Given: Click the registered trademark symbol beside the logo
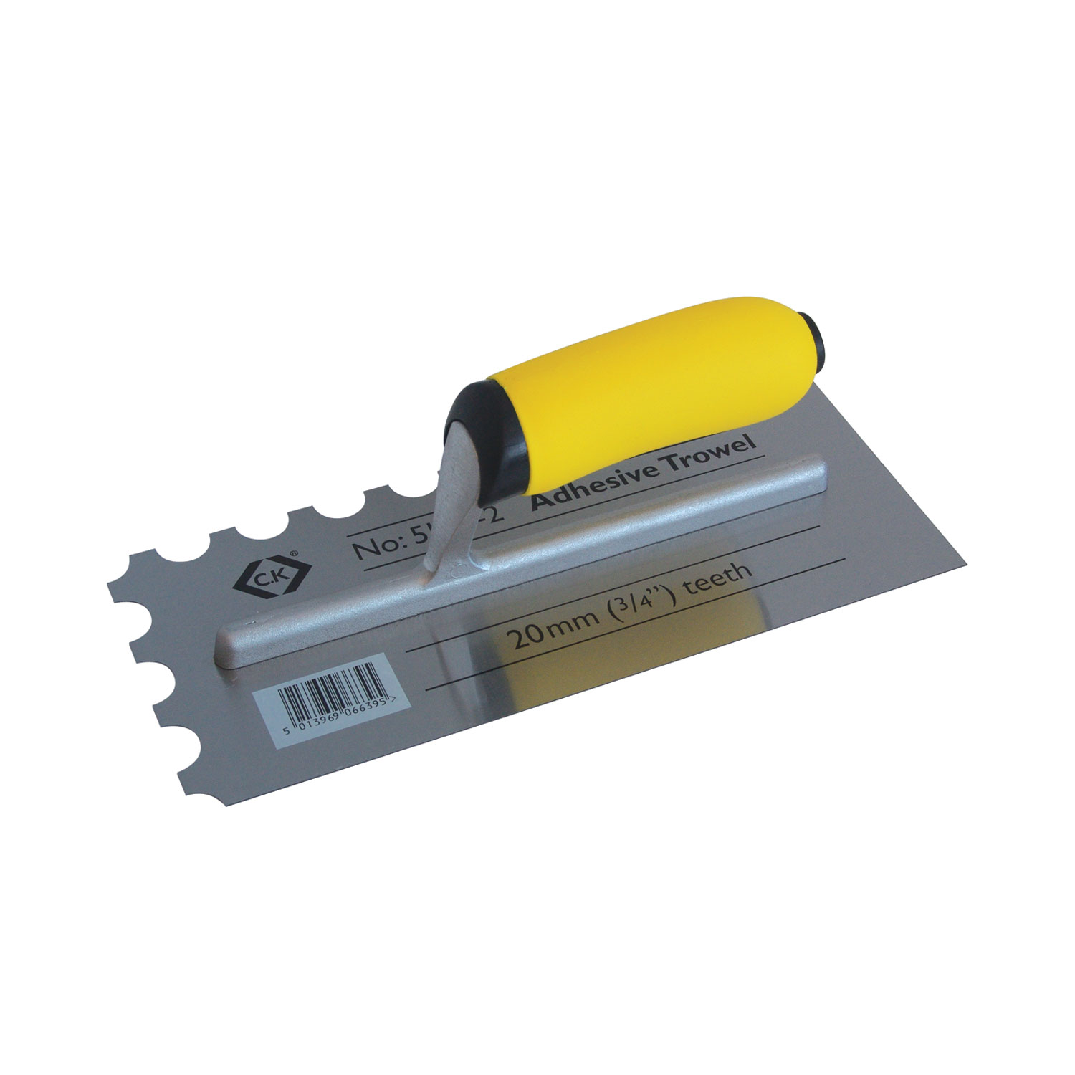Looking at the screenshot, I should pyautogui.click(x=294, y=553).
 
